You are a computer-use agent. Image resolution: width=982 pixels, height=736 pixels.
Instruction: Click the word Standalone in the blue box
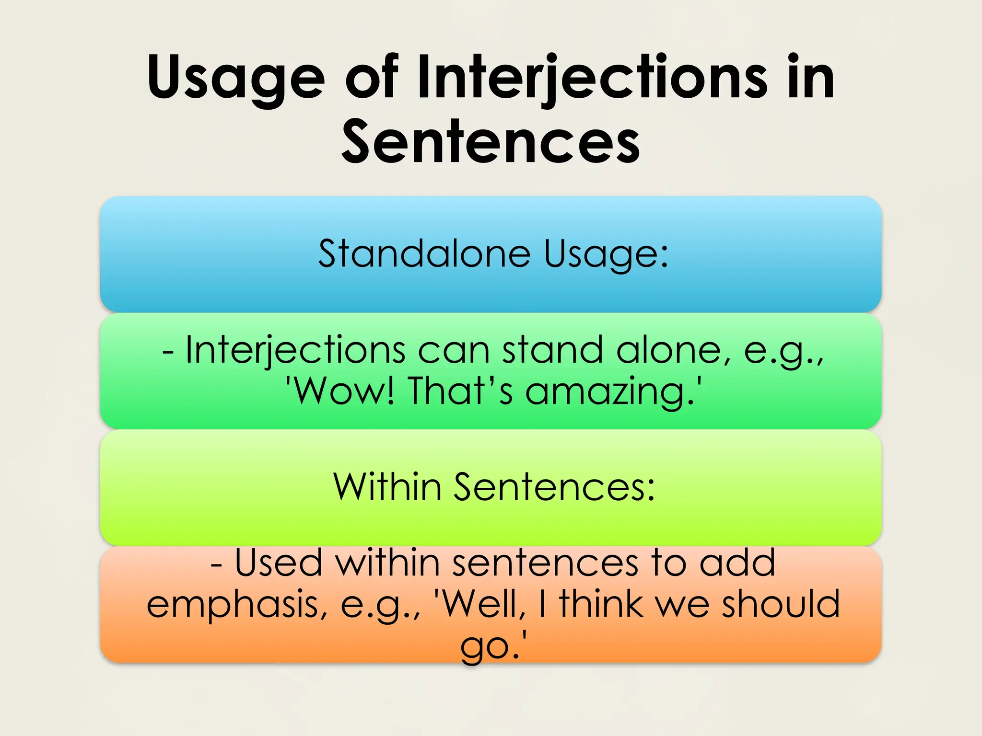click(x=424, y=253)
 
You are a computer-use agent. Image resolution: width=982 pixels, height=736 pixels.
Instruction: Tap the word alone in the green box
click(x=668, y=350)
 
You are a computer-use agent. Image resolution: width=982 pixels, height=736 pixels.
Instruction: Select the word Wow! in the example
click(x=343, y=391)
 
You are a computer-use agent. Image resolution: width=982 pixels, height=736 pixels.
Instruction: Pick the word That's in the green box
click(x=460, y=391)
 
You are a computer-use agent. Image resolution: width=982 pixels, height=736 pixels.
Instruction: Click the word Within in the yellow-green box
click(x=387, y=487)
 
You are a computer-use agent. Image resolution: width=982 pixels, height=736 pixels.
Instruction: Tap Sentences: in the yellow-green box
click(x=554, y=487)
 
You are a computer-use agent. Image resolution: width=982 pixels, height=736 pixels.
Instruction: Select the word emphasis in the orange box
click(x=237, y=605)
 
